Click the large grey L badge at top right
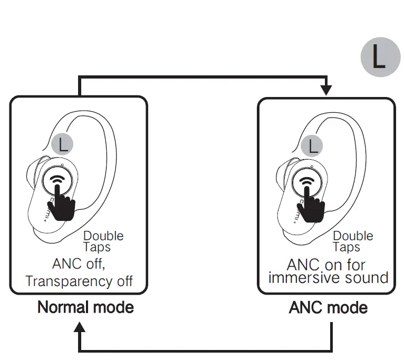pyautogui.click(x=380, y=57)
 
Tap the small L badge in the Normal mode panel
pyautogui.click(x=63, y=144)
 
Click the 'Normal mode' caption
pyautogui.click(x=85, y=307)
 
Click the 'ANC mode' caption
pyautogui.click(x=328, y=307)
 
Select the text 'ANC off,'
pyautogui.click(x=82, y=263)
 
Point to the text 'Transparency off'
pyautogui.click(x=79, y=280)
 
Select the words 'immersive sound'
pyautogui.click(x=328, y=277)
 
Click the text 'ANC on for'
pyautogui.click(x=326, y=264)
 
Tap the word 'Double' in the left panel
pyautogui.click(x=103, y=235)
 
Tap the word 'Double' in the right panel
pyautogui.click(x=353, y=236)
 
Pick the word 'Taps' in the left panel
pyautogui.click(x=97, y=247)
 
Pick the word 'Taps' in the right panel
pyautogui.click(x=347, y=247)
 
